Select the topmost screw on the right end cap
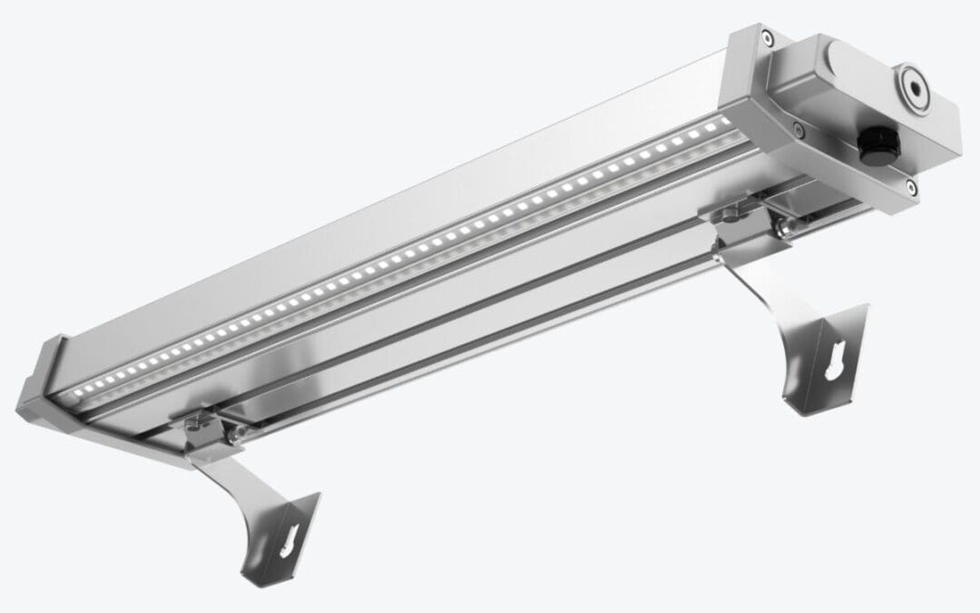coord(769,38)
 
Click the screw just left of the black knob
coord(798,131)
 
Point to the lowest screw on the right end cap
coord(910,186)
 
